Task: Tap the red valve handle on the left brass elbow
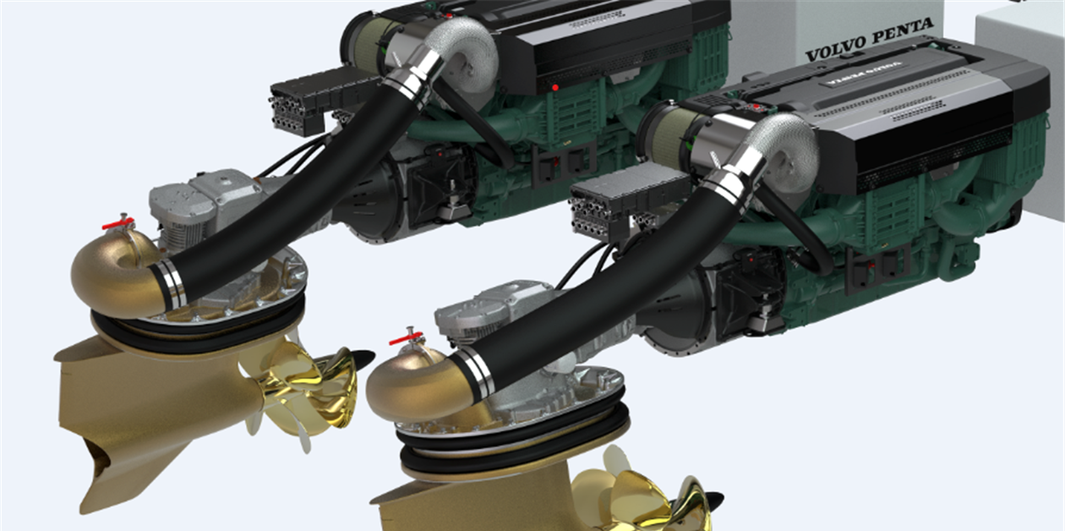(118, 224)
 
